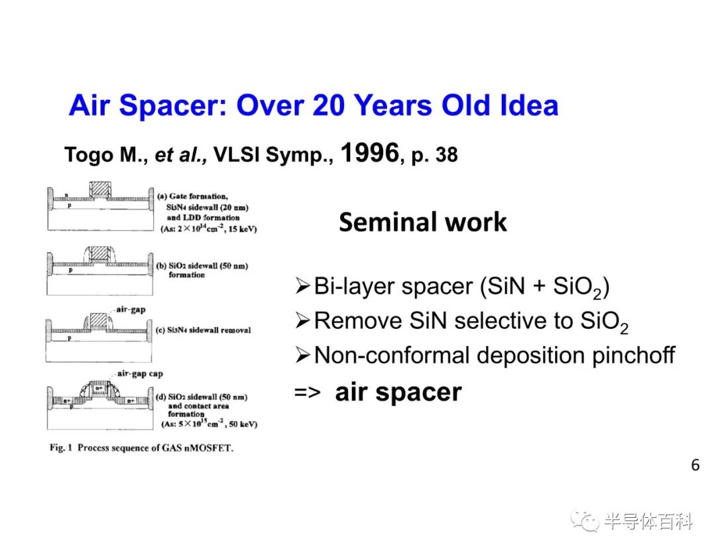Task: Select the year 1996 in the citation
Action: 370,153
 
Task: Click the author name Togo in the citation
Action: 89,155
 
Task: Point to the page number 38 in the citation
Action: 446,154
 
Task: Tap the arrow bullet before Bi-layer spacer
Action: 302,286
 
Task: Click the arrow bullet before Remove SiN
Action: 302,320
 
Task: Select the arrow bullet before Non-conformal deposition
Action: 302,355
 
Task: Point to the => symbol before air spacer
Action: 308,393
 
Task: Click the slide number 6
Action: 695,465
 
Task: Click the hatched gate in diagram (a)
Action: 99,190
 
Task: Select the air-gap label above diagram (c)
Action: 131,310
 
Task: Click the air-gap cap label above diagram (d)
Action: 140,373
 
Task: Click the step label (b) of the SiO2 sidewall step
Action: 161,266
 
